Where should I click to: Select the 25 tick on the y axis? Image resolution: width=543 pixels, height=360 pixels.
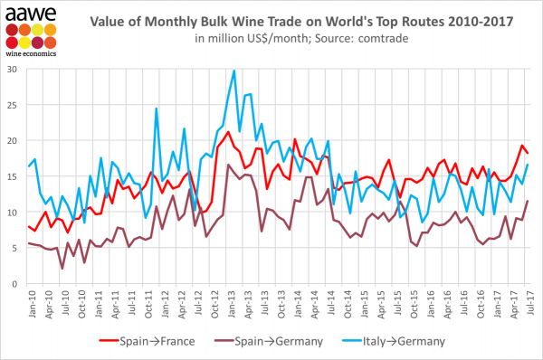coord(14,105)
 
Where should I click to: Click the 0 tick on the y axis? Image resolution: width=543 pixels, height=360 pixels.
coord(17,284)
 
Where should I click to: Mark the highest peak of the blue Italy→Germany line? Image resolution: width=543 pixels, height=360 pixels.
coord(234,71)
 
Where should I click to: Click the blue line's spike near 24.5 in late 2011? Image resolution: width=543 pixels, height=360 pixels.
coord(157,109)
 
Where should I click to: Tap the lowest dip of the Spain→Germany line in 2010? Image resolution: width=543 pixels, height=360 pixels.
coord(62,269)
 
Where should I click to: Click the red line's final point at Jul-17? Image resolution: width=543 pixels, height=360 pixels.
coord(529,153)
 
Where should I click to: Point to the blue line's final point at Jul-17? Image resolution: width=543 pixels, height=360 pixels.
coord(529,165)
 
